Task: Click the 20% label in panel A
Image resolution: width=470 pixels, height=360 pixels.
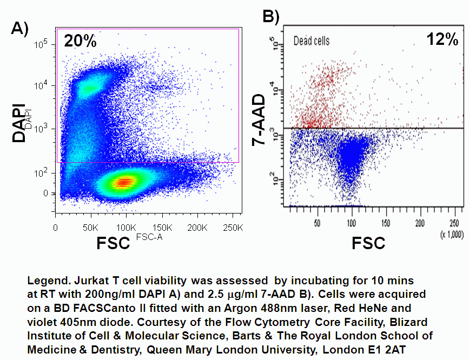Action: [x=80, y=41]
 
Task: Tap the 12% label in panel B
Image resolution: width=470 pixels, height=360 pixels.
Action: [x=442, y=39]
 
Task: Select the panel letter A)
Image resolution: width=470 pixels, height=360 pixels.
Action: [x=19, y=28]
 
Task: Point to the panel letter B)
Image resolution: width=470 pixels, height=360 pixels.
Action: [x=270, y=17]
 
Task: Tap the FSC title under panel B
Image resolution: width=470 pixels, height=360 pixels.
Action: [x=368, y=243]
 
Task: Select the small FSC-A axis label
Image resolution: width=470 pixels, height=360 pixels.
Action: [x=148, y=237]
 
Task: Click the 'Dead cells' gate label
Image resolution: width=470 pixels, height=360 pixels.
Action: [x=311, y=41]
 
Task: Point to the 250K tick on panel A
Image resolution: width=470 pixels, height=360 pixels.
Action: [x=233, y=228]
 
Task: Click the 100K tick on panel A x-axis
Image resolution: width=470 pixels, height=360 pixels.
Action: [x=126, y=228]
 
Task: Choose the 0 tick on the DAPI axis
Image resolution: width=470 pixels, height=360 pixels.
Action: [x=45, y=193]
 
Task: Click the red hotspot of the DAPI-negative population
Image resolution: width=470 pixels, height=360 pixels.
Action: [x=125, y=182]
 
